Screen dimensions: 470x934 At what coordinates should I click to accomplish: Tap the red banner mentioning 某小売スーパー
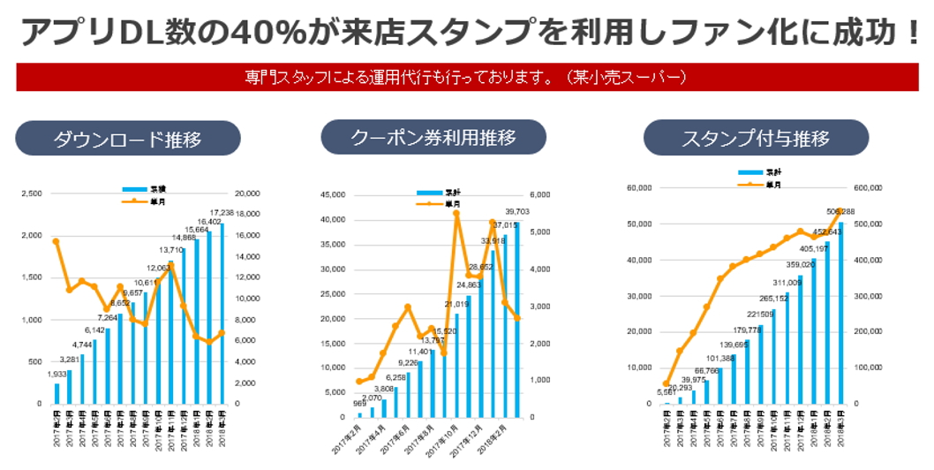coord(465,77)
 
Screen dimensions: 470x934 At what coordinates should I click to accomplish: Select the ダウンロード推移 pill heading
coord(128,139)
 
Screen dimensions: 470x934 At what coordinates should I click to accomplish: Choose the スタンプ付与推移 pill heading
coord(756,139)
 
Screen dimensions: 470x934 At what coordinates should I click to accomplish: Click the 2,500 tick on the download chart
coord(30,193)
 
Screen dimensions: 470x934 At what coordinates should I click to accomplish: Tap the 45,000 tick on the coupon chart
coord(332,195)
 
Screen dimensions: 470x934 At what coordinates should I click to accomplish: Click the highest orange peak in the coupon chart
coord(456,213)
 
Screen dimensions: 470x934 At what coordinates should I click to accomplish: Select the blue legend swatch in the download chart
coord(136,189)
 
